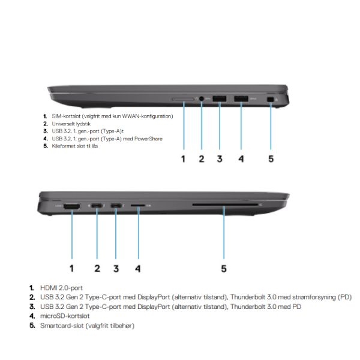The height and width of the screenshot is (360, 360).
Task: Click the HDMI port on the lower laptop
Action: click(72, 206)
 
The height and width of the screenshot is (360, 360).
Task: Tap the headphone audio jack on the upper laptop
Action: click(202, 99)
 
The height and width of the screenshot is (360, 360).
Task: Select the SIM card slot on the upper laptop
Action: click(183, 99)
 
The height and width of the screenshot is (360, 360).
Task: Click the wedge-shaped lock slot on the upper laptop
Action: click(271, 100)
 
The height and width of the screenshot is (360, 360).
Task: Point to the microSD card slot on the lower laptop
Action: click(138, 205)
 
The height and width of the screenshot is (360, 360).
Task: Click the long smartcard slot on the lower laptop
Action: click(225, 205)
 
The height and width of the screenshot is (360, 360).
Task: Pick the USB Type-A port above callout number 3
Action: click(220, 99)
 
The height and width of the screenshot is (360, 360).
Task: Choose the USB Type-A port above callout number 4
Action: click(241, 99)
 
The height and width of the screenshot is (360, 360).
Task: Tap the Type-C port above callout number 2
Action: click(97, 206)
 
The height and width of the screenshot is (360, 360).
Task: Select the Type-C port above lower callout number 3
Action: click(116, 206)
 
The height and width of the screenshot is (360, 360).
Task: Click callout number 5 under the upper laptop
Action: click(271, 159)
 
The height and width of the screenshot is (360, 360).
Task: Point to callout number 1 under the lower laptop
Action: click(71, 268)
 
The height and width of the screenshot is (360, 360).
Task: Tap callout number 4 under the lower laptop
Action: click(138, 268)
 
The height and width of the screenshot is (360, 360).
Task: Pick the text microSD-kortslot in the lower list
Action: click(65, 316)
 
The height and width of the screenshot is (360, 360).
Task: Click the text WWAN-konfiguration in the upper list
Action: click(148, 116)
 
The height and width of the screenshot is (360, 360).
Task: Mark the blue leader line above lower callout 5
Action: click(224, 233)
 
